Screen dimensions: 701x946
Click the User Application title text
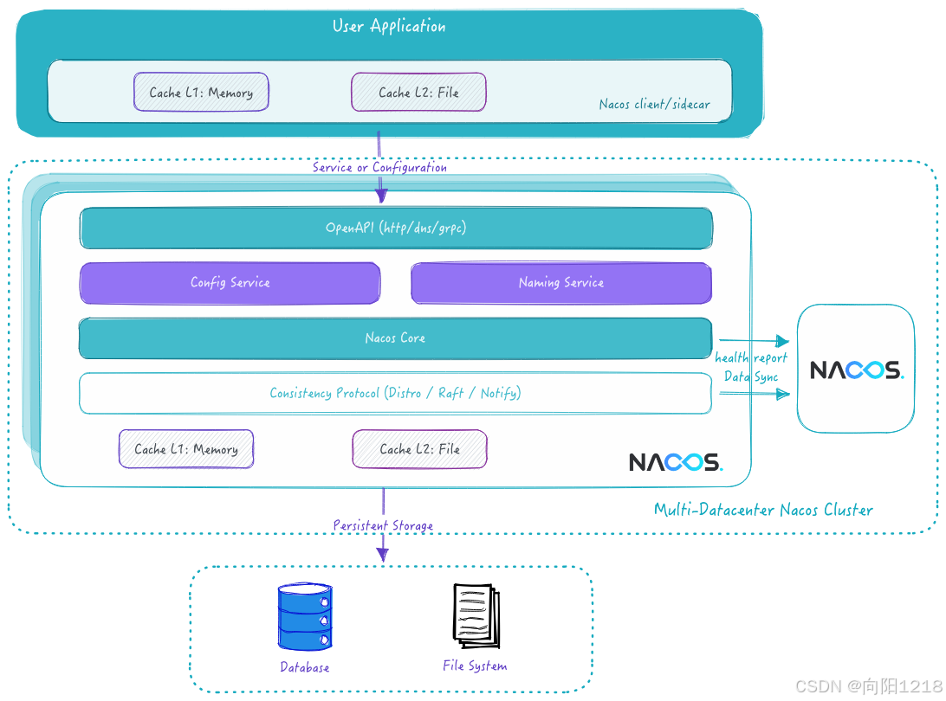click(x=389, y=26)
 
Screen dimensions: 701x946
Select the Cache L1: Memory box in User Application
click(x=201, y=92)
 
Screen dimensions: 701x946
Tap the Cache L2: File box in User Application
click(x=418, y=92)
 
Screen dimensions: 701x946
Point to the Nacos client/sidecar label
click(x=654, y=104)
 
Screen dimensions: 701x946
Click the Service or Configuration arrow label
click(x=379, y=167)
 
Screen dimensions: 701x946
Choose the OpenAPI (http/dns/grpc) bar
click(x=396, y=228)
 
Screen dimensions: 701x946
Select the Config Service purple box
click(x=230, y=283)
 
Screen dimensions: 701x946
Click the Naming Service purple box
click(x=560, y=283)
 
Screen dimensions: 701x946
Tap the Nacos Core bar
click(x=395, y=338)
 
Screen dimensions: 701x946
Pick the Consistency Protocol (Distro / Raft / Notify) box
click(x=395, y=393)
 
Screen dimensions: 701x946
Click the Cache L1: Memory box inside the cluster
click(x=186, y=449)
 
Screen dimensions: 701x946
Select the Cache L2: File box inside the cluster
click(x=419, y=449)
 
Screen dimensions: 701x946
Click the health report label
click(x=751, y=358)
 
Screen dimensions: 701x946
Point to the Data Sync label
click(x=751, y=376)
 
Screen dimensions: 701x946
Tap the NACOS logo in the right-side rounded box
click(x=856, y=370)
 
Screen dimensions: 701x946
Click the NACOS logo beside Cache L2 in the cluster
click(x=676, y=461)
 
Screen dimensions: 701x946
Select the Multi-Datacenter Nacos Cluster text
click(x=763, y=510)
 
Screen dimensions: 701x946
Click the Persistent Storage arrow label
click(x=383, y=525)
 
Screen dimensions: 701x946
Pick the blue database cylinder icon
click(x=305, y=617)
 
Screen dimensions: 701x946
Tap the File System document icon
click(x=475, y=617)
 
